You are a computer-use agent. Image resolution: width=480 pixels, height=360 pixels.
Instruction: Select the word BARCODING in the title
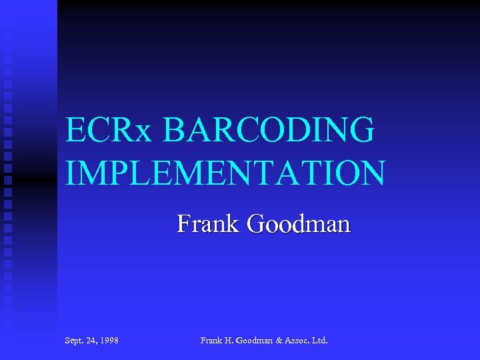pos(267,129)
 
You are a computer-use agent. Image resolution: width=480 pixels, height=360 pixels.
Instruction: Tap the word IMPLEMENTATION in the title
pos(225,173)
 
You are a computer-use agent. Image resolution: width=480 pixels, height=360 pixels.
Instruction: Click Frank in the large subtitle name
pos(208,223)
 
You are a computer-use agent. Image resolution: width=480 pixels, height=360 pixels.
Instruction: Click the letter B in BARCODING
pos(173,129)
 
